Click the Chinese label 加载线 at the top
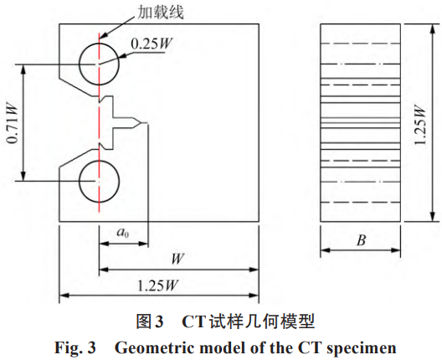(160, 13)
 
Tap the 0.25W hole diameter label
(152, 44)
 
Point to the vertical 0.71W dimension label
(13, 124)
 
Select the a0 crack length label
(123, 233)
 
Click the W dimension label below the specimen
(177, 259)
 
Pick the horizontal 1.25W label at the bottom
(158, 285)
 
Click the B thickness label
(361, 240)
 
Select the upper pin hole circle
(100, 44)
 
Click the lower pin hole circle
(100, 161)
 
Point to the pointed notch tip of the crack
(141, 123)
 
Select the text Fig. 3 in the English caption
(75, 347)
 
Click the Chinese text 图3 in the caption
(150, 321)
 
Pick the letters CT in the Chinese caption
(193, 321)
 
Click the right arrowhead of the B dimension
(396, 250)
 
